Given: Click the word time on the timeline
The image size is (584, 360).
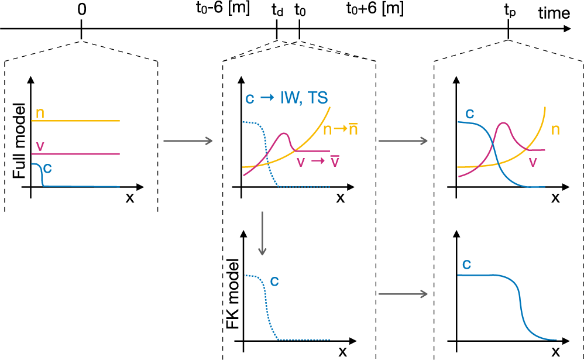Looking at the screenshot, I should click(554, 11).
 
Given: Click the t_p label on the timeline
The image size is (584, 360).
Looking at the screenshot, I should click(510, 11).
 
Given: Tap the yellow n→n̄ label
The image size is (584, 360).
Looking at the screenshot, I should click(342, 129).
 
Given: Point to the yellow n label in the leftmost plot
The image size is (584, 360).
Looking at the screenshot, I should click(40, 112).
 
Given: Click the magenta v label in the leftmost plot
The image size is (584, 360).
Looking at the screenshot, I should click(40, 146).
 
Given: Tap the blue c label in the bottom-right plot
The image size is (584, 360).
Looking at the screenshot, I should click(467, 264).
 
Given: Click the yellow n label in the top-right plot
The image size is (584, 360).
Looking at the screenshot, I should click(555, 129).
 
